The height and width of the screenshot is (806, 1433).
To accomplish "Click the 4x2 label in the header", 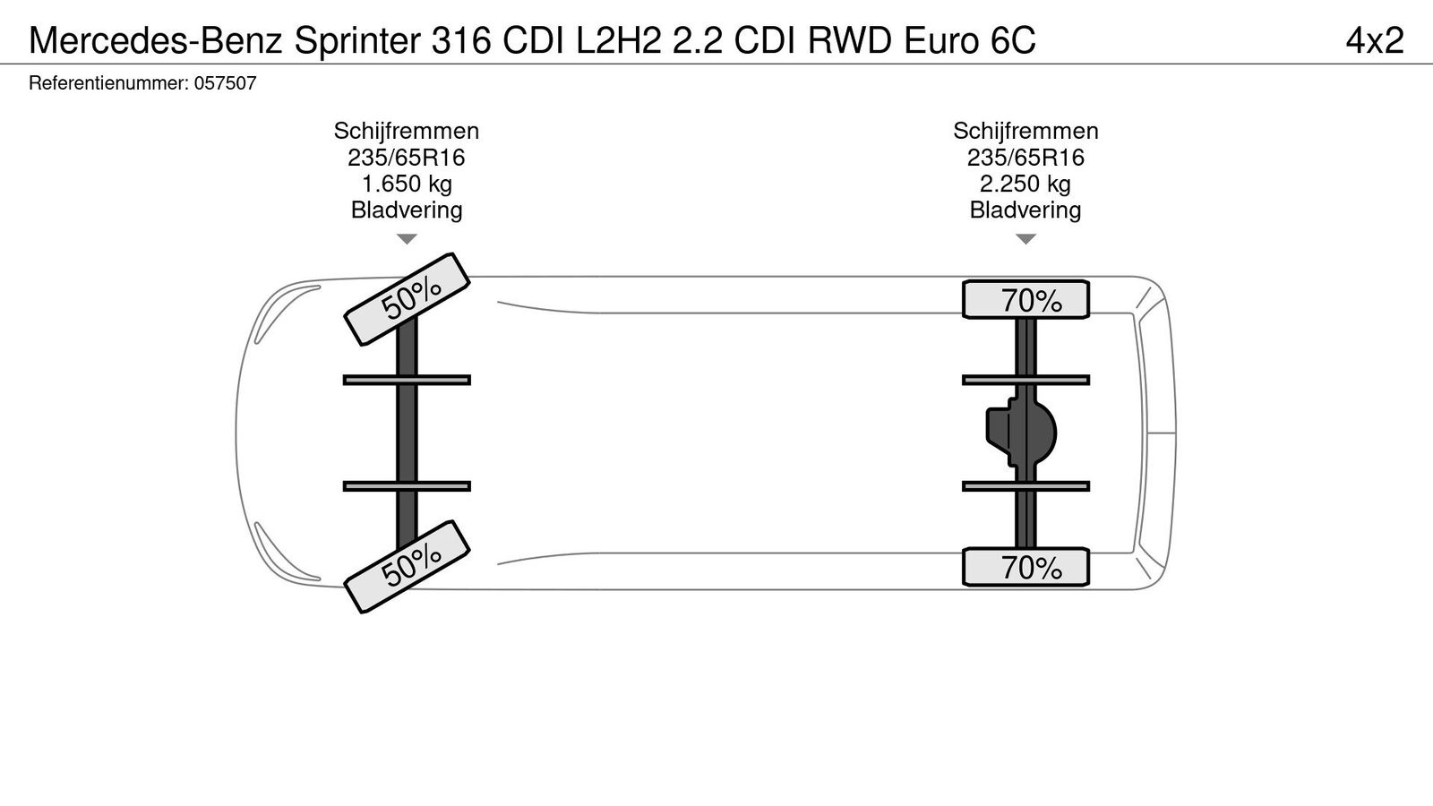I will (1375, 40).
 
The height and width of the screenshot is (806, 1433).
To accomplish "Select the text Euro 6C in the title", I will (970, 40).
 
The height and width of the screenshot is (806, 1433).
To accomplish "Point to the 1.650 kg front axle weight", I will (407, 184).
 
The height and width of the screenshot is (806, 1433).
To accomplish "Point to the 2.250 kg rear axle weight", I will (1025, 184).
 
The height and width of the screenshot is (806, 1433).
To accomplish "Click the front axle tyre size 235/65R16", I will (407, 158).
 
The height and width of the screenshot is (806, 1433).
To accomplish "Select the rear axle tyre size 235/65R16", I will (1025, 158).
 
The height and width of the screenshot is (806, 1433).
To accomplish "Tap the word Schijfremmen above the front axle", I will (407, 131).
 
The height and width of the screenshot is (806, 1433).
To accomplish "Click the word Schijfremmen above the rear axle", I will (1025, 131).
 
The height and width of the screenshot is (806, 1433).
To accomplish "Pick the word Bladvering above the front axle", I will (407, 210).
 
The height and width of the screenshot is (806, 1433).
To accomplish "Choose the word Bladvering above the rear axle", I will (1025, 210).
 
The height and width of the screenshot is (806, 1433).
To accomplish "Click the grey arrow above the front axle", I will (407, 239).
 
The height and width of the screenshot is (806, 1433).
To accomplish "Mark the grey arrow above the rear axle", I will (1025, 239).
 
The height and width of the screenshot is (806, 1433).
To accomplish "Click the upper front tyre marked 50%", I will (408, 298).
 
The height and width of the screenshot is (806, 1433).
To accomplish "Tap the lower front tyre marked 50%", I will (408, 566).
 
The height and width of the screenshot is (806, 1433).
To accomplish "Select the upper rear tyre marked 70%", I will (1025, 300).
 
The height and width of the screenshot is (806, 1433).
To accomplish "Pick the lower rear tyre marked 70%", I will (1025, 567).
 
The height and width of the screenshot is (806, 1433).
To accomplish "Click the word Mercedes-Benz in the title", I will (155, 40).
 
